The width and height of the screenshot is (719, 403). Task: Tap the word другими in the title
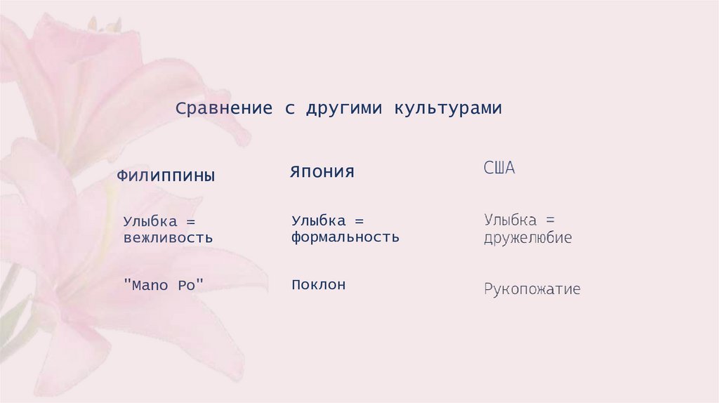coord(344,109)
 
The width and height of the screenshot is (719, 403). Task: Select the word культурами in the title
coord(447,109)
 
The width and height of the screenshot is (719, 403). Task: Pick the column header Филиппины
coord(166,176)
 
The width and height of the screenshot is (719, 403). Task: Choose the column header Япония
coord(322,172)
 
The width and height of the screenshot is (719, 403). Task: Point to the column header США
coord(499,169)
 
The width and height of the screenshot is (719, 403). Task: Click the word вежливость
coord(168,237)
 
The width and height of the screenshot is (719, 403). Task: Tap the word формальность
coord(345,237)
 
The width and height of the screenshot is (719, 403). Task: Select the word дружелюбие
coord(527,238)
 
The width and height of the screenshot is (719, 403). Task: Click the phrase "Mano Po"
coord(163,285)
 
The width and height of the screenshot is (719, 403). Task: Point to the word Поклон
coord(319,285)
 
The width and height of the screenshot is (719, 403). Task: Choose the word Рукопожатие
coord(532,289)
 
